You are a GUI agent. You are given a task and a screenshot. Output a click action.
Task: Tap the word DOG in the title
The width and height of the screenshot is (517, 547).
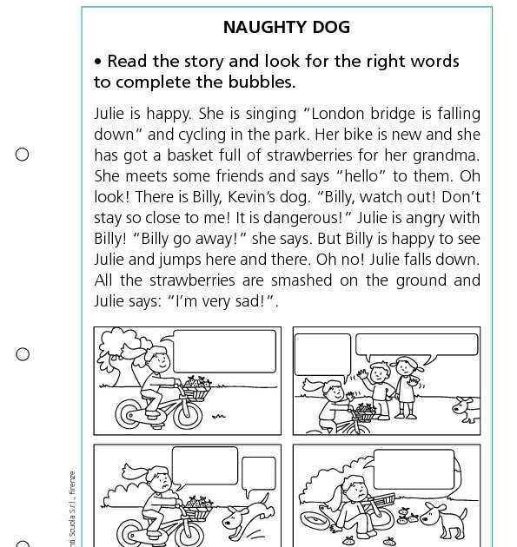pyautogui.click(x=332, y=27)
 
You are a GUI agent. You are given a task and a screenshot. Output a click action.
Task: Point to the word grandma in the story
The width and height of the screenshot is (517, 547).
pyautogui.click(x=450, y=156)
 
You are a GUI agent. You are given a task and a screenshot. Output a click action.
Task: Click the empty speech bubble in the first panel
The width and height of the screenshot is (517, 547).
pyautogui.click(x=224, y=350)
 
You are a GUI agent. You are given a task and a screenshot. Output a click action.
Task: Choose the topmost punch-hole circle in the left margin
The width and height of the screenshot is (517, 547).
pyautogui.click(x=23, y=155)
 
